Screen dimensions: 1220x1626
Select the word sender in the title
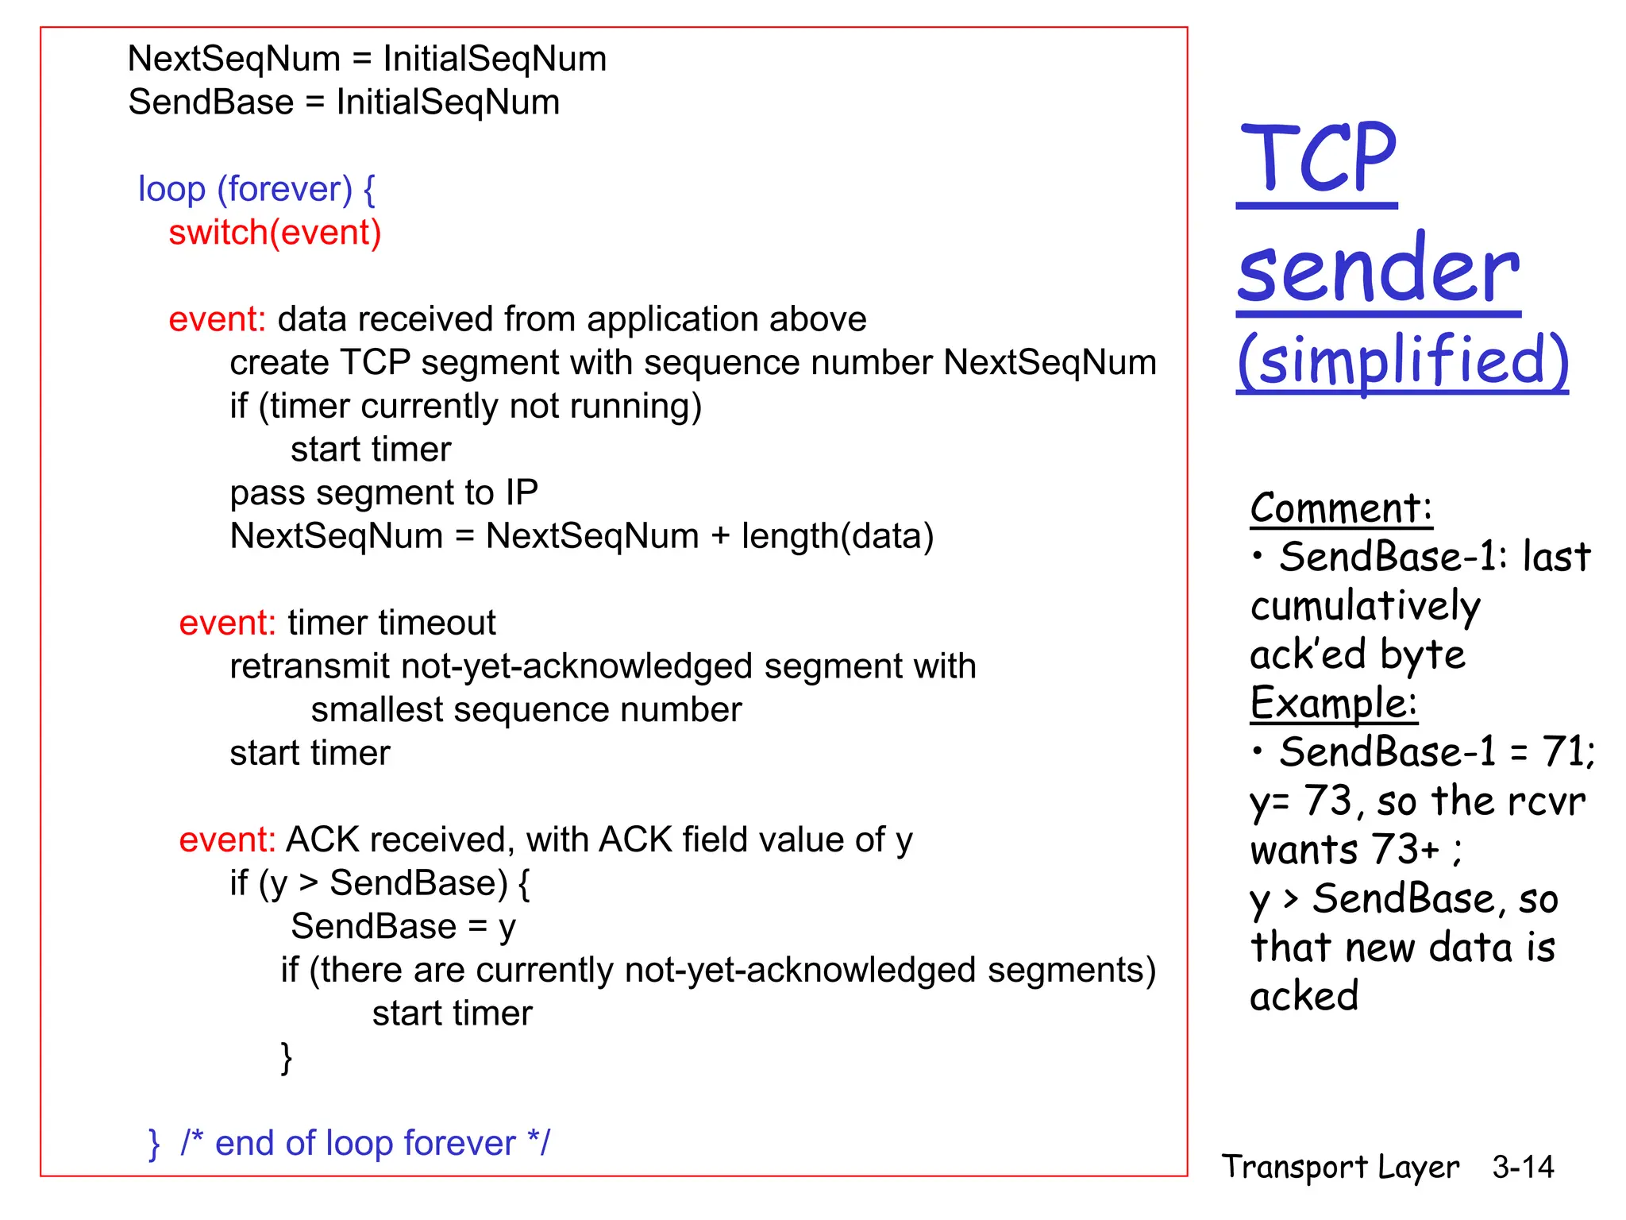1377,270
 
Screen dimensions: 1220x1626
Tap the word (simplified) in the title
1403,360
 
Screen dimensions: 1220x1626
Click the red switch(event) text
275,233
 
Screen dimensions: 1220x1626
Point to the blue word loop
171,189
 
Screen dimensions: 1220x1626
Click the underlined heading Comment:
1341,508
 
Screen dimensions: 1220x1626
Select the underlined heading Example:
1333,704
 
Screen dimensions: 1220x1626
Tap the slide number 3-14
1522,1167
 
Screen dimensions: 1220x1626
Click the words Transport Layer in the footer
1340,1167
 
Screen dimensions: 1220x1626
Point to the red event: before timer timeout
227,623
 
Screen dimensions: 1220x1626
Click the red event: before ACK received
227,840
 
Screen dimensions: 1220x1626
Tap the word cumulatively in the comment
1365,607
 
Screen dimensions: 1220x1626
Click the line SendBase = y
403,927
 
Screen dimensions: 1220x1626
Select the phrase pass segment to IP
383,493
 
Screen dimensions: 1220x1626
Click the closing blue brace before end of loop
154,1144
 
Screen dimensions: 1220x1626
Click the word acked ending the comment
1304,996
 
